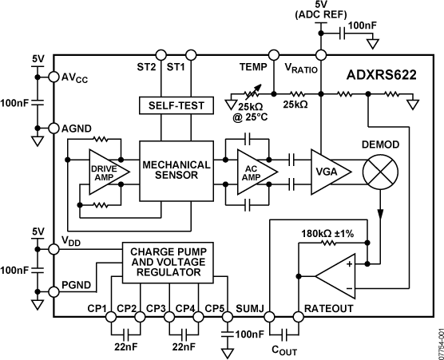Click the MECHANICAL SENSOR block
click(x=176, y=171)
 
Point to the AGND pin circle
click(x=54, y=128)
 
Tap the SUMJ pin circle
click(x=268, y=316)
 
